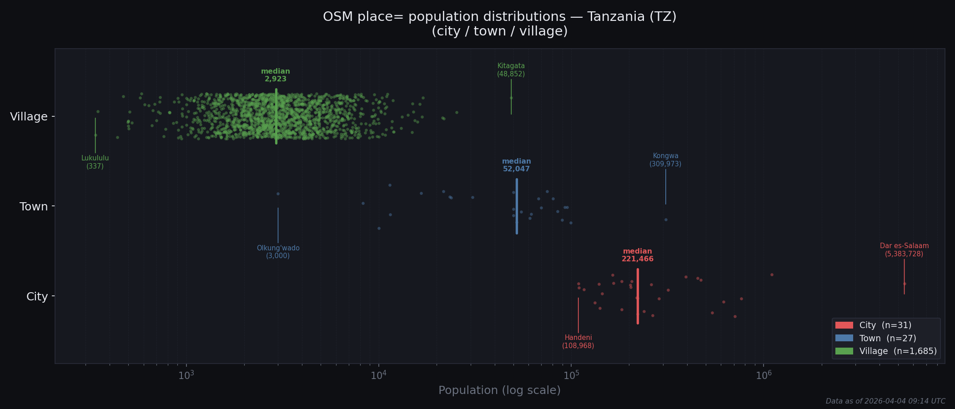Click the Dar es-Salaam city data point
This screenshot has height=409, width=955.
point(905,284)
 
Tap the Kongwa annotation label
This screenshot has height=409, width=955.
point(665,160)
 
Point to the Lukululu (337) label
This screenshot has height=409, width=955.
point(95,162)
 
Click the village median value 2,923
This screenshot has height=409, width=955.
point(276,79)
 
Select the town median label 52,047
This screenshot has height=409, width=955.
point(516,169)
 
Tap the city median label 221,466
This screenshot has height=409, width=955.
point(637,259)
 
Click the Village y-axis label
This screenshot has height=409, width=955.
point(29,117)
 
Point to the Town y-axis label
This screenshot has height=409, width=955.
point(34,207)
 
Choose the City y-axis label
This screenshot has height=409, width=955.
point(37,297)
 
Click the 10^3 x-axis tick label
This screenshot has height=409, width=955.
point(186,375)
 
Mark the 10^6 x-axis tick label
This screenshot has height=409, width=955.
point(764,375)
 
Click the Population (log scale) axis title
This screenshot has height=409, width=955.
point(499,390)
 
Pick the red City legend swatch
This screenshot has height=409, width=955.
point(844,325)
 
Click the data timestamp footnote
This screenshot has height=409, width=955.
point(885,401)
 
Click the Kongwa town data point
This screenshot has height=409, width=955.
point(666,219)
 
